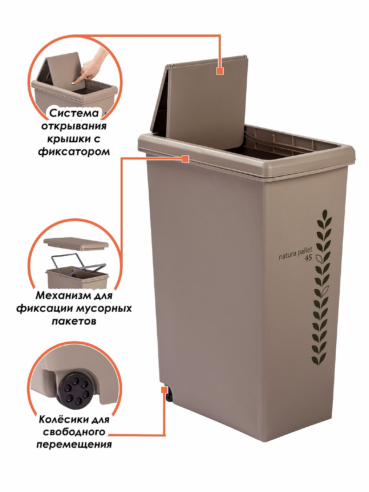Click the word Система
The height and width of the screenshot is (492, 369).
(x=74, y=113)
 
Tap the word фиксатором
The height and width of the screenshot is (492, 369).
(x=74, y=152)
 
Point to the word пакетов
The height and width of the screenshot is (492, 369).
(x=74, y=322)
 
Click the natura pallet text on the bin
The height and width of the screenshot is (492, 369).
(x=295, y=254)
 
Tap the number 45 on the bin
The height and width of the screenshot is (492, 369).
(x=308, y=258)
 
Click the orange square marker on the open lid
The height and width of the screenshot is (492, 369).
(x=220, y=71)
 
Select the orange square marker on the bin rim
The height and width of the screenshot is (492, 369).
(x=185, y=159)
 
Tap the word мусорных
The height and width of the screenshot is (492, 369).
(x=103, y=309)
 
